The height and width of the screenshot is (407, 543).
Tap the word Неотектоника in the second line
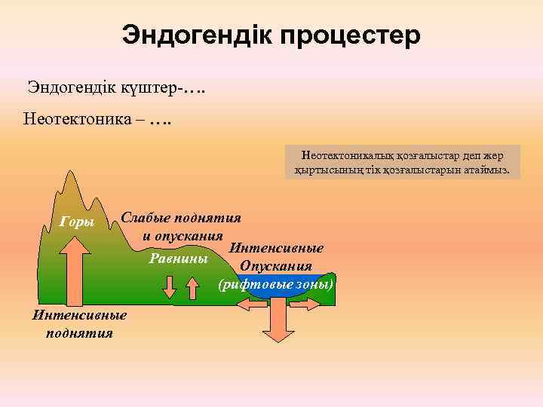(x=78, y=118)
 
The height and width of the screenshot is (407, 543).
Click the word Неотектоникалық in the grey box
(x=340, y=156)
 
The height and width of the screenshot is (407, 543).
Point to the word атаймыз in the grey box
(x=486, y=170)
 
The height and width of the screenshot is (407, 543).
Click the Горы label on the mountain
(x=76, y=222)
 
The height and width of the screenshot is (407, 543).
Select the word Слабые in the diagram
(x=146, y=219)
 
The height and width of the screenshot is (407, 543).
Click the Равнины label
(x=179, y=259)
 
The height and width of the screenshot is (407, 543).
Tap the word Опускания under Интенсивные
(x=275, y=266)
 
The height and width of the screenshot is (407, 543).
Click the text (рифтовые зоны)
(x=275, y=285)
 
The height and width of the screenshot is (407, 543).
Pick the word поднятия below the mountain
(x=78, y=333)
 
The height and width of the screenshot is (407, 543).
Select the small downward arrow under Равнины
(x=170, y=286)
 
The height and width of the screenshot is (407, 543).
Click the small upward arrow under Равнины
(x=192, y=286)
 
